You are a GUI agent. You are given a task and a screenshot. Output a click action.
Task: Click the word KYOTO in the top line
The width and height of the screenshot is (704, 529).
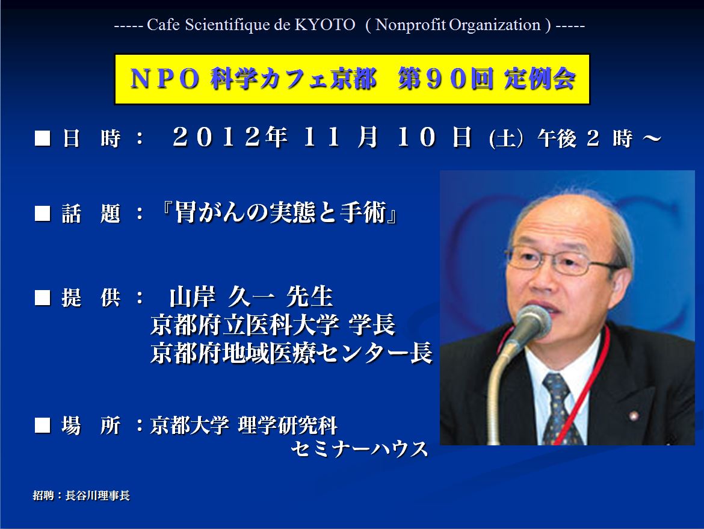pos(324,25)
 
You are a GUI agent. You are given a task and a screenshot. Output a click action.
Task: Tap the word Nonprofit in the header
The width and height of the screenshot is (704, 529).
pos(410,25)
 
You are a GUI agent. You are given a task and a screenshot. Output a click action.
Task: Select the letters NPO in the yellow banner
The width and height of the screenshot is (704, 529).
pos(164,79)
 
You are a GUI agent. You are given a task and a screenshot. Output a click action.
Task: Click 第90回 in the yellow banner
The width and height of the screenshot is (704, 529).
pos(445,79)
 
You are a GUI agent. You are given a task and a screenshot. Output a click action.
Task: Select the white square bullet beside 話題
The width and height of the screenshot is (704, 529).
pos(43,213)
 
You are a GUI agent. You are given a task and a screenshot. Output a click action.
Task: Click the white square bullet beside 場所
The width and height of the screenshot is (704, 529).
pos(43,425)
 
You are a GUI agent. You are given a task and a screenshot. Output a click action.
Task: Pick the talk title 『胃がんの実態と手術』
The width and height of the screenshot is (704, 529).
pos(279,212)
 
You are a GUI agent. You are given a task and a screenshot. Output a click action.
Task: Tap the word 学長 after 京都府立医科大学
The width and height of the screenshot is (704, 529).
pos(372,324)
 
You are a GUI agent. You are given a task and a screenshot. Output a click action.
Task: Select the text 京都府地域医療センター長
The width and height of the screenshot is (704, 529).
pos(291,353)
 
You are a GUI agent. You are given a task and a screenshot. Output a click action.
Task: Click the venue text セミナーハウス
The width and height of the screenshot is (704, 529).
pos(360,449)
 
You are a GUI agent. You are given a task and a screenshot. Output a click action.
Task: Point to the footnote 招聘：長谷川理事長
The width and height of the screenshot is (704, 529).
pos(81,495)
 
